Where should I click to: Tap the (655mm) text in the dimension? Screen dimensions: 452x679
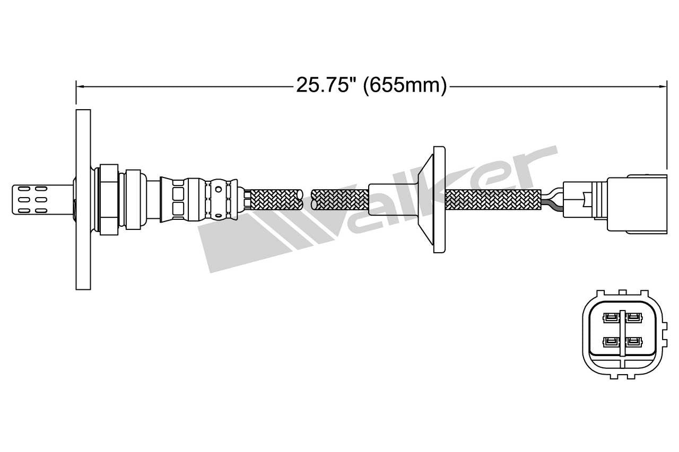pyautogui.click(x=404, y=85)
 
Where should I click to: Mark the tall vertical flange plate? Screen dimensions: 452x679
pyautogui.click(x=83, y=199)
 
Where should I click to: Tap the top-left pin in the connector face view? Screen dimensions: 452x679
pyautogui.click(x=610, y=318)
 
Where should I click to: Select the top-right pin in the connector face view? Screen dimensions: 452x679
pyautogui.click(x=631, y=318)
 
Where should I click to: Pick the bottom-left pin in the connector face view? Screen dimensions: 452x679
pyautogui.click(x=610, y=342)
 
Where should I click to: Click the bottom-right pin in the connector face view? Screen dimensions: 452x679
pyautogui.click(x=631, y=342)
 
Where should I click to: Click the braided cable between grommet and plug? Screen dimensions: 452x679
pyautogui.click(x=493, y=199)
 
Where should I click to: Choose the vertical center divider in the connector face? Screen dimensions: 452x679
pyautogui.click(x=620, y=330)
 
